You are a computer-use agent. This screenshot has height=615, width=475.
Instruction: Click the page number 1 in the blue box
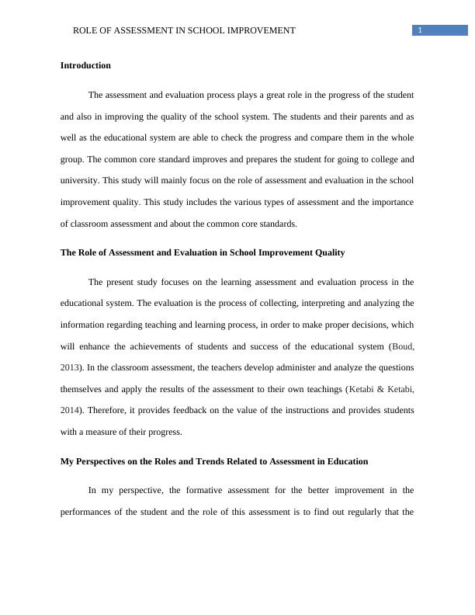pos(420,30)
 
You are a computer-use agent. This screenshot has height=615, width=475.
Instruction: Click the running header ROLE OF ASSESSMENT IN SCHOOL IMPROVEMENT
pos(184,30)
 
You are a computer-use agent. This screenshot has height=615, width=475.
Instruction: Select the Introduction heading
pos(85,66)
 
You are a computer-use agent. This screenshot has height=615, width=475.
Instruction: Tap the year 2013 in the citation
pos(71,367)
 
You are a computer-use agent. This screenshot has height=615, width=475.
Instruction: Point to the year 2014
pos(71,409)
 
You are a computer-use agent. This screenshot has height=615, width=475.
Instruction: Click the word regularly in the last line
pos(349,512)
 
